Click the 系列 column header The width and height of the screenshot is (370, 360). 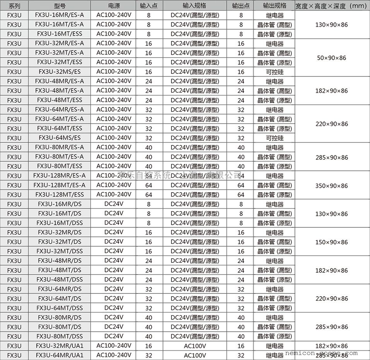14,6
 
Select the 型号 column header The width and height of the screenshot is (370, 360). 60,6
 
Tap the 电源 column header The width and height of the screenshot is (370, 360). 113,6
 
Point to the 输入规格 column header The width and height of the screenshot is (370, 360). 194,6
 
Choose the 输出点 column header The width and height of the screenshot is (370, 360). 241,6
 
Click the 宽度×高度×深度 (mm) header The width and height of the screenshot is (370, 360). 331,6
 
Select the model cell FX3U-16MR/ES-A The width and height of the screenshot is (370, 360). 60,15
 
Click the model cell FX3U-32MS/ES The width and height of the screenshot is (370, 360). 60,72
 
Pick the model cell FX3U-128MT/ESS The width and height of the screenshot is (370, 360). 60,195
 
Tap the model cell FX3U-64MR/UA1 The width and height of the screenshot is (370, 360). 60,355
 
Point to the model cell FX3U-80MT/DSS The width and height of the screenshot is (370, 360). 60,336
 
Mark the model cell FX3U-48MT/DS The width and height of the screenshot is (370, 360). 60,270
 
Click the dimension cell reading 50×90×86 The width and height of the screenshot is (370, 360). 331,58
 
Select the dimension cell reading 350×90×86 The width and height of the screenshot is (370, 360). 331,186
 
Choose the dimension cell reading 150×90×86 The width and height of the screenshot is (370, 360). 331,242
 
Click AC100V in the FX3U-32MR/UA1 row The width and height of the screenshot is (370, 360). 194,346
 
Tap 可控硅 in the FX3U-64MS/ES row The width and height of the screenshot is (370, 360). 274,138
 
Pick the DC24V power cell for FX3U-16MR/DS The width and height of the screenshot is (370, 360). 113,204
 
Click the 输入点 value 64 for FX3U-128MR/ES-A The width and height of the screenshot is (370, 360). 149,176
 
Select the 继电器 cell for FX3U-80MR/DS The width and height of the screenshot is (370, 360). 274,317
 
